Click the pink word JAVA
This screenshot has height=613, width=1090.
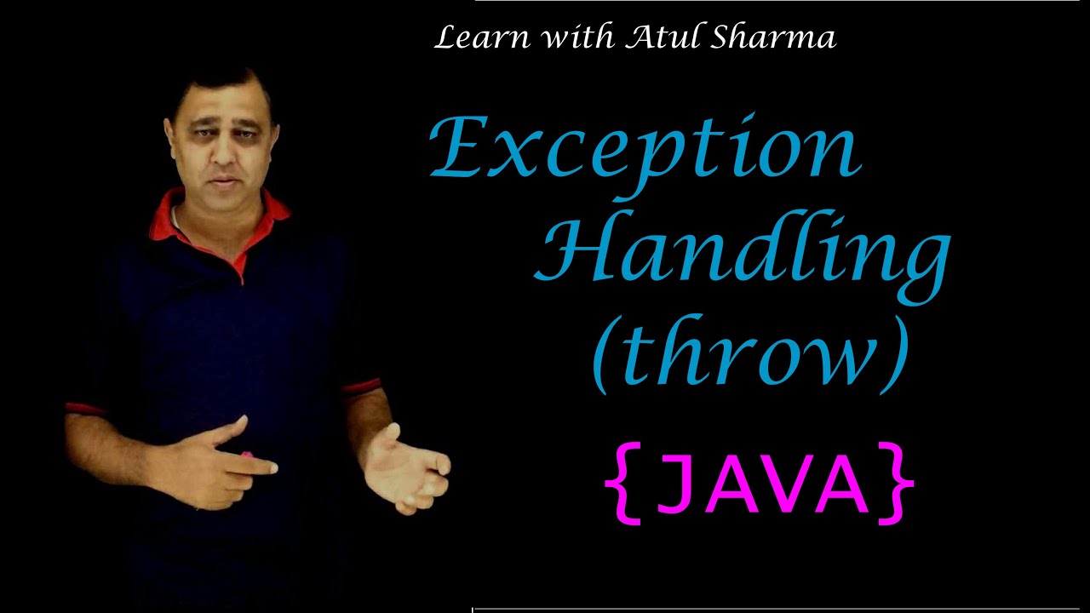(x=760, y=483)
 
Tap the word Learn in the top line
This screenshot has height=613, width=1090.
(x=470, y=38)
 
